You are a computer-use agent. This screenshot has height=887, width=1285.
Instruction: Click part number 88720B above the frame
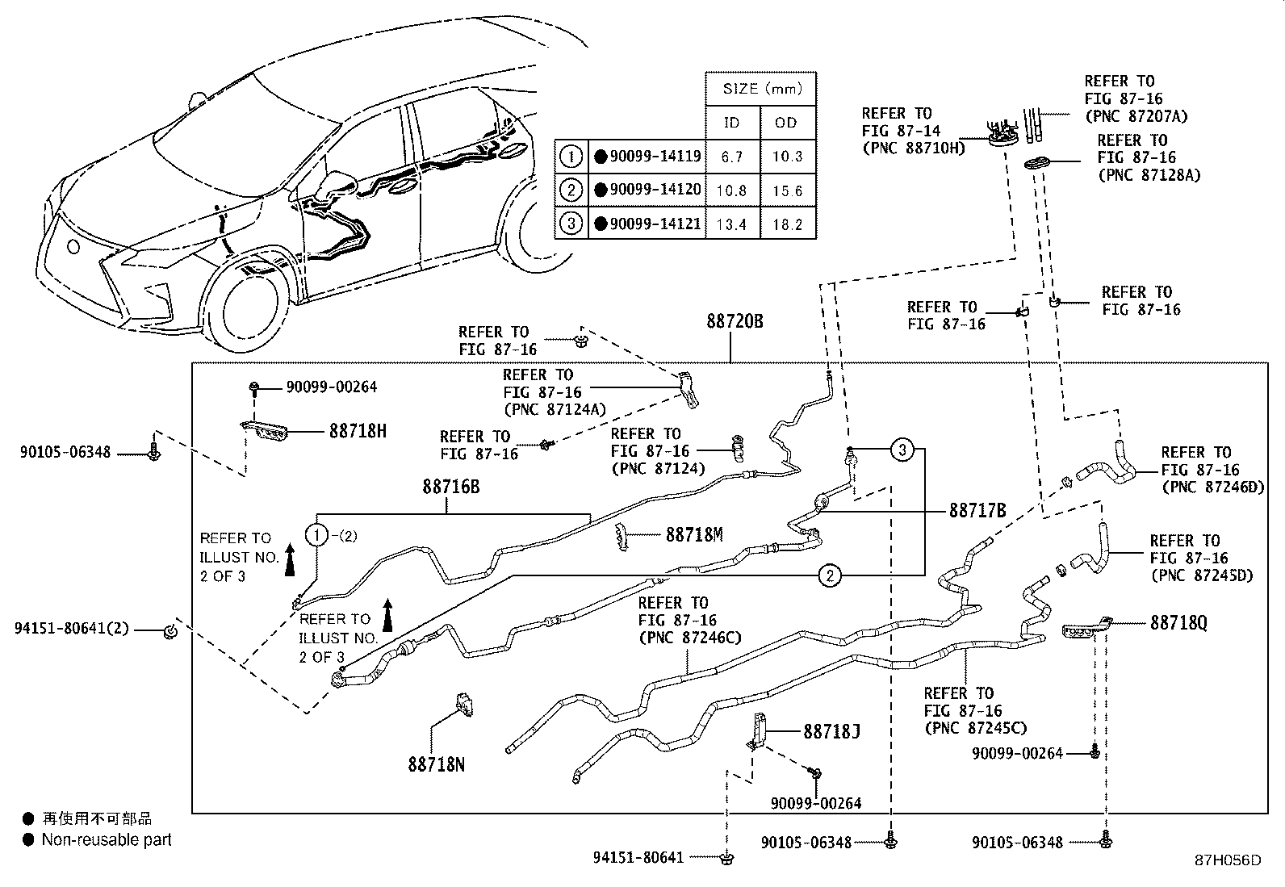click(x=735, y=322)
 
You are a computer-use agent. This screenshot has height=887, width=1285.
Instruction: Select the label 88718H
click(x=358, y=431)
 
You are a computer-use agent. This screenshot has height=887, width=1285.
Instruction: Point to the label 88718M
click(x=694, y=534)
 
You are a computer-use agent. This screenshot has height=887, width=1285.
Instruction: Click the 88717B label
click(x=977, y=511)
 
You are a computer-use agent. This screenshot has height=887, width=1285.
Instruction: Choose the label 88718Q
click(x=1178, y=623)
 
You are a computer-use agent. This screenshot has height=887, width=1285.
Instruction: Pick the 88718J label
click(x=831, y=732)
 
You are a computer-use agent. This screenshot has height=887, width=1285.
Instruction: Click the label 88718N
click(x=436, y=764)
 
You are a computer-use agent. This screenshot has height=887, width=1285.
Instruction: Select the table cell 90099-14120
click(x=655, y=190)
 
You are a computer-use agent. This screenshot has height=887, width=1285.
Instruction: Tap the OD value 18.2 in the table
click(x=787, y=225)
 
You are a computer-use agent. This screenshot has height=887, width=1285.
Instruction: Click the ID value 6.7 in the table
click(x=732, y=157)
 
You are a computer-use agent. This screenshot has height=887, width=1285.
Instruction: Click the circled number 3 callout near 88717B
click(x=902, y=450)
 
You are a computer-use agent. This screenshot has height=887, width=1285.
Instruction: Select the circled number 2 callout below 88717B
click(x=830, y=575)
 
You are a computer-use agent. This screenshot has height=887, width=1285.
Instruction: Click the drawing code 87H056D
click(x=1227, y=860)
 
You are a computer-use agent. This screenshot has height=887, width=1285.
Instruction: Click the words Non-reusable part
click(x=107, y=840)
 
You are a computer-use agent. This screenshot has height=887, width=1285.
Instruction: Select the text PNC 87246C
click(x=689, y=638)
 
